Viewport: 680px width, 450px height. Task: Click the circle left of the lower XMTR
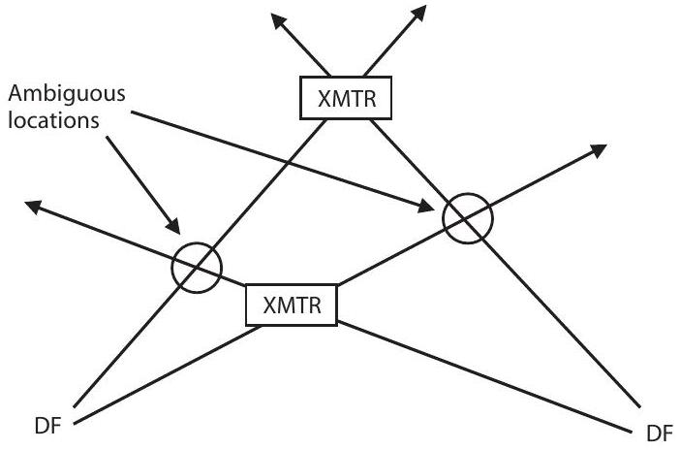(x=197, y=265)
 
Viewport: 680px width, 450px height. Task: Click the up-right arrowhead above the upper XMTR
(x=420, y=14)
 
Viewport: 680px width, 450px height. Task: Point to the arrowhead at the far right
(x=600, y=149)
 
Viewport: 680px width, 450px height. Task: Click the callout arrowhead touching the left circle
(x=175, y=228)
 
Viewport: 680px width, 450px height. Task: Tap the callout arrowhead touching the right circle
(x=428, y=206)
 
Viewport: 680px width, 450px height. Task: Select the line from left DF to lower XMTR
(x=165, y=374)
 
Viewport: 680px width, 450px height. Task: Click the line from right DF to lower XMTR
(x=484, y=373)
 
